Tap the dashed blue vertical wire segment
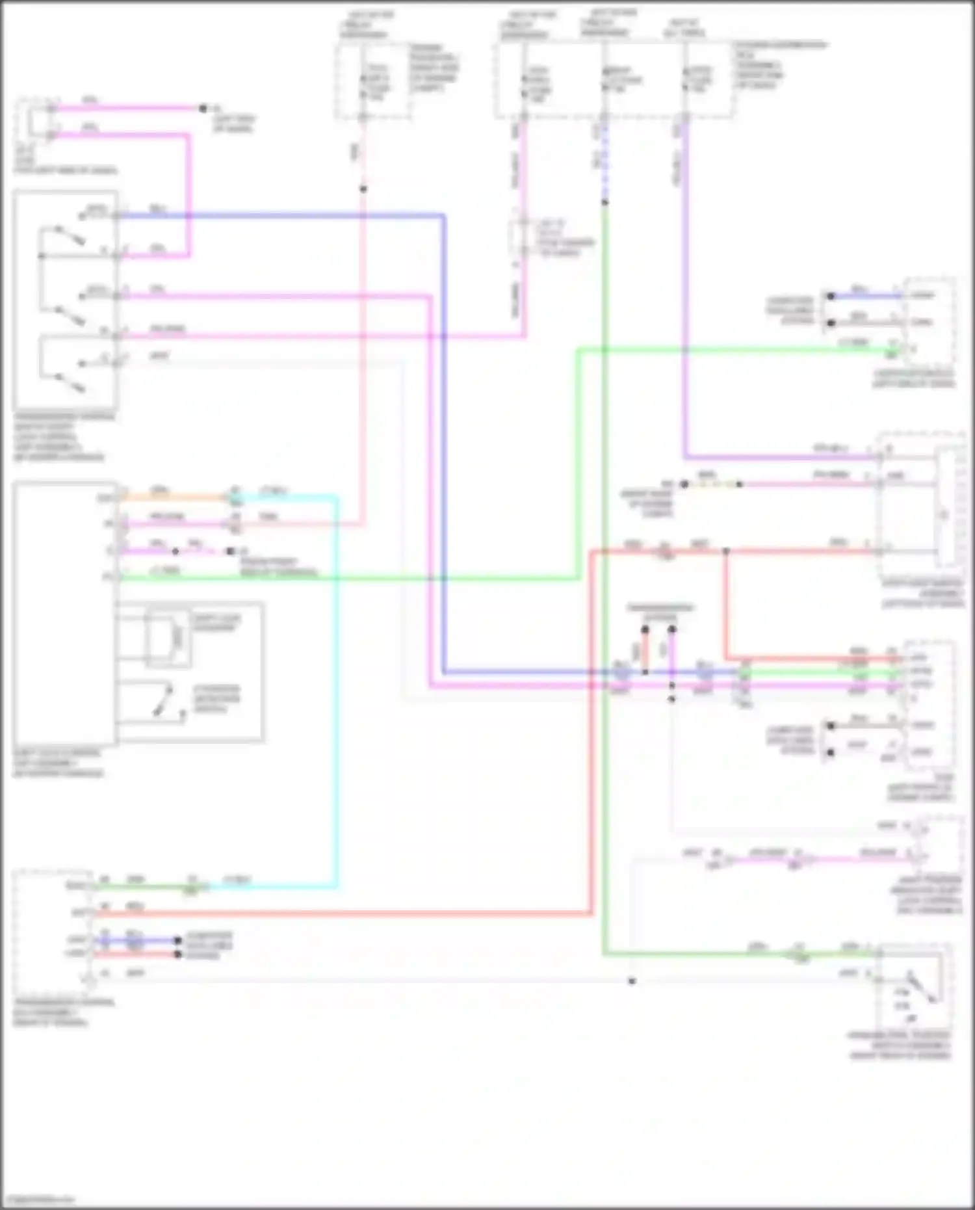[604, 163]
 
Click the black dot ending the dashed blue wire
[604, 202]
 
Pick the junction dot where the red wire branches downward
[726, 551]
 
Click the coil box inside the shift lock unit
[168, 637]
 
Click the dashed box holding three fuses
[614, 81]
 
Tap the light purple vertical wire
[685, 293]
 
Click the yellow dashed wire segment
[712, 484]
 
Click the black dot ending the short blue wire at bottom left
[177, 940]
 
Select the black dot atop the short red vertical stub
[645, 629]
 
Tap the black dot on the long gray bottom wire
[632, 981]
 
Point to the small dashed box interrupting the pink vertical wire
[521, 239]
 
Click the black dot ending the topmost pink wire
[203, 108]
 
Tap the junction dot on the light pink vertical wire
[363, 189]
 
